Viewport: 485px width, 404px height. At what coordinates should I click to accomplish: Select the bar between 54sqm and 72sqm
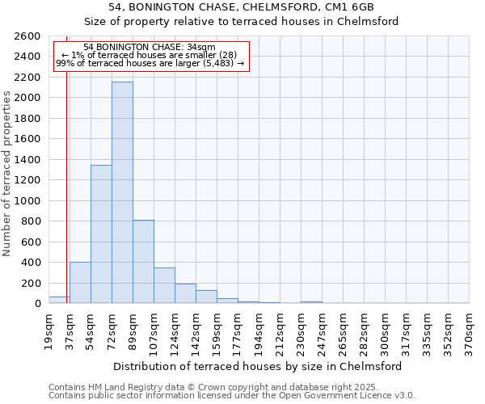pos(101,234)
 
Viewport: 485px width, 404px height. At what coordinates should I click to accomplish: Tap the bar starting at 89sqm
pos(143,262)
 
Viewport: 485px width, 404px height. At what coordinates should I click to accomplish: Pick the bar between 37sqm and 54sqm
pos(80,283)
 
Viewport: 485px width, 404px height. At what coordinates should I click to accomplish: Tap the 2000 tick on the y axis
pos(27,98)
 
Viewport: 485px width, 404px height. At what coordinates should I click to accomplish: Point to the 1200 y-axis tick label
pos(27,180)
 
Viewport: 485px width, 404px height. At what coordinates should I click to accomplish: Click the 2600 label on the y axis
pos(27,36)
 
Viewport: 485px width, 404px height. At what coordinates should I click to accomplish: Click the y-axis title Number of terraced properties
pos(8,174)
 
